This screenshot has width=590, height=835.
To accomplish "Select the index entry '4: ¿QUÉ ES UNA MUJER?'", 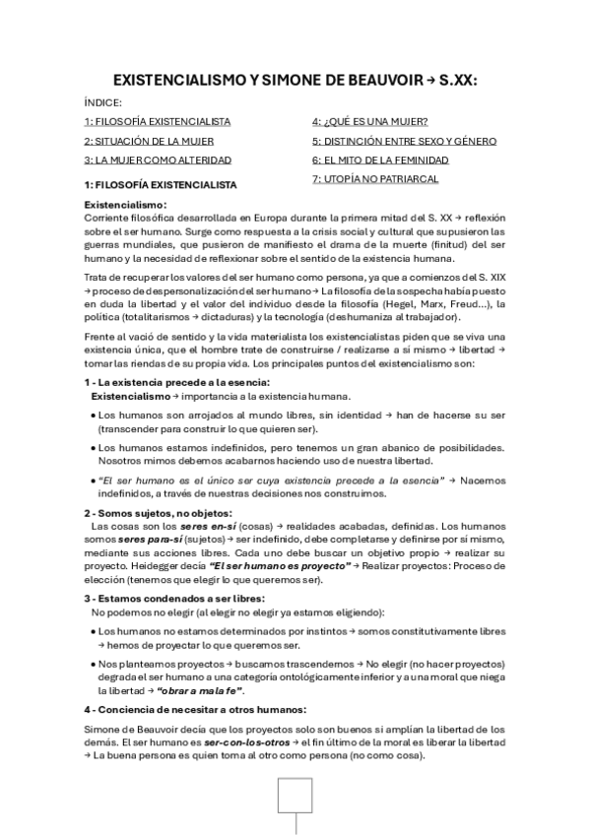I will [369, 121].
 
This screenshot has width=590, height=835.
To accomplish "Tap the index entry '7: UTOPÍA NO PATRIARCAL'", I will [375, 179].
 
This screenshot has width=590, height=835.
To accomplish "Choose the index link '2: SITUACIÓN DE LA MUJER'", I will [150, 141].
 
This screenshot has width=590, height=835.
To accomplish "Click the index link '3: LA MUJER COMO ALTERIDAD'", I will [158, 160].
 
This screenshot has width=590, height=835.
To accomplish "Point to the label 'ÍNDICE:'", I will [102, 101].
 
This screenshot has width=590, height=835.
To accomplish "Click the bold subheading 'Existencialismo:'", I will [125, 204].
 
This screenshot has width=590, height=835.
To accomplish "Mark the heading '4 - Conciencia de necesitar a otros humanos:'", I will [195, 710].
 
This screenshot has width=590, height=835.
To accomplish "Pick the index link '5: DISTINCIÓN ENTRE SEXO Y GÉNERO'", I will [404, 141].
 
